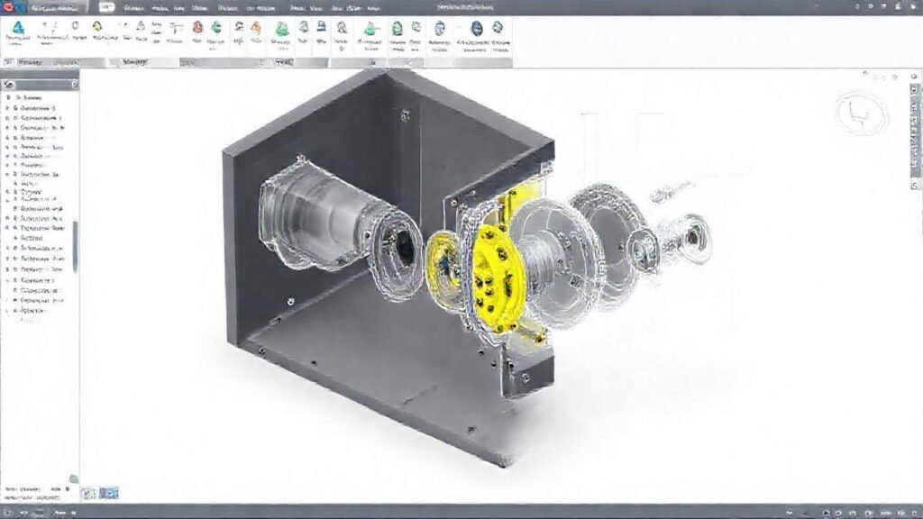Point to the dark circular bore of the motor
tap(400, 246)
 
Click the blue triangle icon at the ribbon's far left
tap(17, 28)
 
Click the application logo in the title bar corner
tap(11, 6)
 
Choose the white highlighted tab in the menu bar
tap(106, 7)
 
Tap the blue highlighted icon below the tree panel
tap(109, 493)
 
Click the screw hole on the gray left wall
tap(288, 301)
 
